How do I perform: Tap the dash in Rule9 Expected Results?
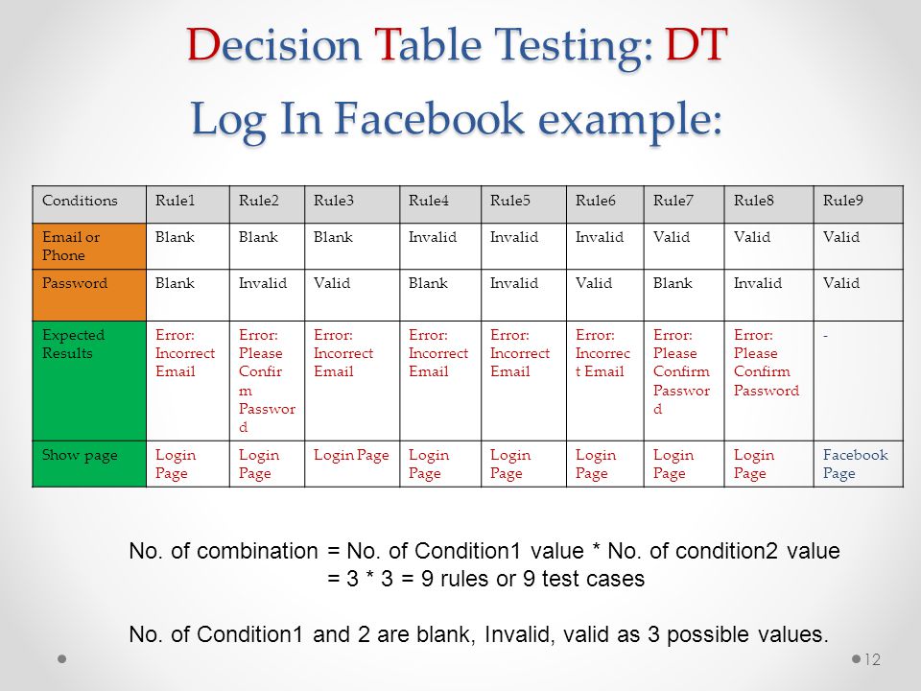[825, 336]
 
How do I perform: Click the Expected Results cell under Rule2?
[267, 381]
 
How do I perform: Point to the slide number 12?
[872, 660]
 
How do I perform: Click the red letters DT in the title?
[697, 44]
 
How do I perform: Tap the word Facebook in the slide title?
[430, 118]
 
